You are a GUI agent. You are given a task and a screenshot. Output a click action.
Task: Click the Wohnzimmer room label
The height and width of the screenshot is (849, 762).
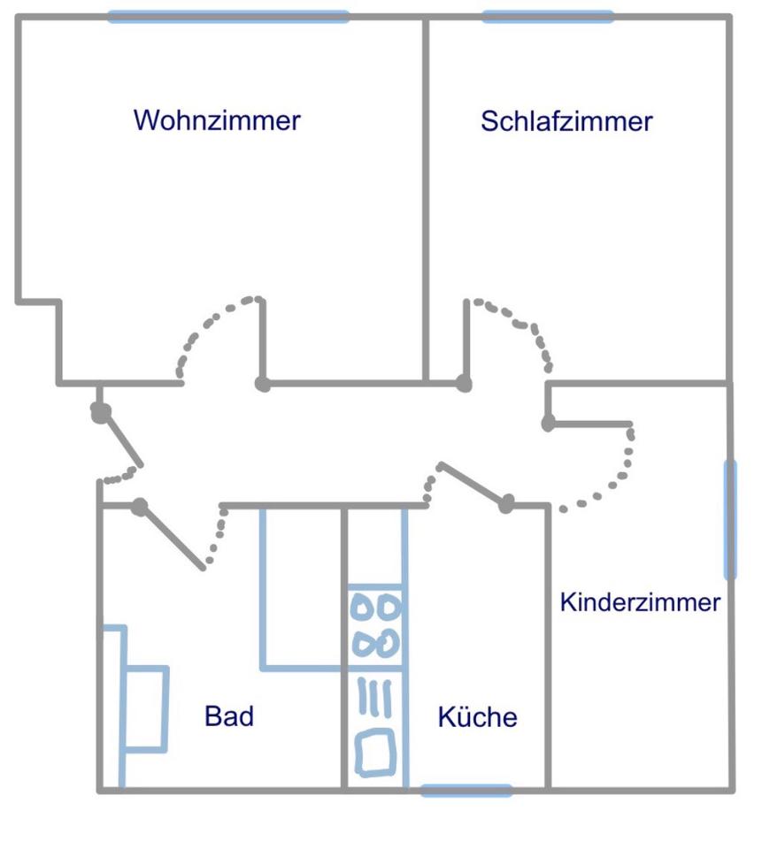click(x=217, y=120)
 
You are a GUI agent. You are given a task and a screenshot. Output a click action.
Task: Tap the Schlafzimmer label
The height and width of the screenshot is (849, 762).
click(x=566, y=121)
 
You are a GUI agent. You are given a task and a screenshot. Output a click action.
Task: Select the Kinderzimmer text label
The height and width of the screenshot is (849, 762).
click(x=640, y=603)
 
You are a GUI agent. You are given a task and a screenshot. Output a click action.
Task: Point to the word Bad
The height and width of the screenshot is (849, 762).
click(x=229, y=715)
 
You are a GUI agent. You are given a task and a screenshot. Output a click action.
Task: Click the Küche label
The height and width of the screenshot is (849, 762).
click(x=478, y=716)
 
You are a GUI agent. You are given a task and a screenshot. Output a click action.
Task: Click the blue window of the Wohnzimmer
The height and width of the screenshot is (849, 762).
click(x=228, y=16)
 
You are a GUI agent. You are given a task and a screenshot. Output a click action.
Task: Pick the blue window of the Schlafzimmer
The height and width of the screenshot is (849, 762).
click(x=547, y=16)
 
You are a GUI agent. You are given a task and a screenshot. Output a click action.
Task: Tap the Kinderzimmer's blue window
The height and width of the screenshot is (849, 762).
click(x=730, y=519)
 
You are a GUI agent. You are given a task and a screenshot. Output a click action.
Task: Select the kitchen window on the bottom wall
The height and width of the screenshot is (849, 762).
click(x=466, y=790)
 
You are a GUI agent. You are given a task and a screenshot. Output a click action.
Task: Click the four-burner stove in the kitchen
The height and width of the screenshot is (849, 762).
click(x=376, y=625)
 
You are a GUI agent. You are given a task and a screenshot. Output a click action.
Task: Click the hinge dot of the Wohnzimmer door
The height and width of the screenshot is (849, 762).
click(x=262, y=384)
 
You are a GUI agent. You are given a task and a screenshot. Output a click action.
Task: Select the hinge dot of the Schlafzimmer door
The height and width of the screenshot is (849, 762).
click(x=464, y=384)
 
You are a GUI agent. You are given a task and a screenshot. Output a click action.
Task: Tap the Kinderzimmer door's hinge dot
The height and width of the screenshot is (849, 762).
click(x=549, y=424)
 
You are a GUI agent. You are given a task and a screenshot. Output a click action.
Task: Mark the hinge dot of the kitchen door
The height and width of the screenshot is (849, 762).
click(x=506, y=505)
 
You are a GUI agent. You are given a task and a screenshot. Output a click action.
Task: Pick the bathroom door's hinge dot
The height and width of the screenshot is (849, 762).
click(x=139, y=507)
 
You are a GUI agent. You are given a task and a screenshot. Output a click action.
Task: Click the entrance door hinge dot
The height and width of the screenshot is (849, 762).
click(x=100, y=412)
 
